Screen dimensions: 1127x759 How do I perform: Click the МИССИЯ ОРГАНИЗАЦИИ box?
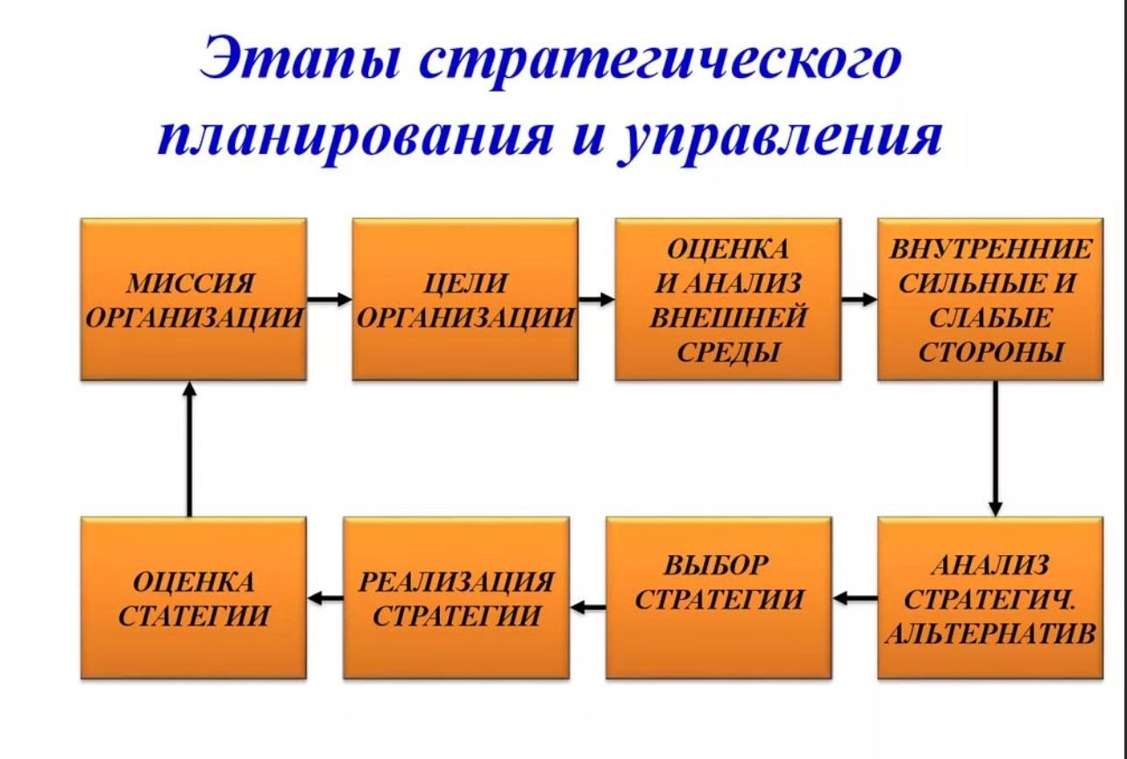(194, 299)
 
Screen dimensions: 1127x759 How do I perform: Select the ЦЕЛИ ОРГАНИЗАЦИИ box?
(464, 299)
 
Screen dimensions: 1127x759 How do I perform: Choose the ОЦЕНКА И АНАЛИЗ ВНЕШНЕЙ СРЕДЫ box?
(727, 299)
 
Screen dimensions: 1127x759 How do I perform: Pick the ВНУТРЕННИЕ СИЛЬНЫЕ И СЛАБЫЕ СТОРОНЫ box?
(990, 299)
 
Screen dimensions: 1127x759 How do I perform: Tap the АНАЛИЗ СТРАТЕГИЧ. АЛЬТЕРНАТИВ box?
(990, 598)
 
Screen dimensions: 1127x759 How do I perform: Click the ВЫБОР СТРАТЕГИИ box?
(718, 598)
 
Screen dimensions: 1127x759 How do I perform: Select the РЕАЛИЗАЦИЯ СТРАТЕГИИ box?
(456, 598)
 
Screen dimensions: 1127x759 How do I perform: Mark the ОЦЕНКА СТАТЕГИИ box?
(194, 598)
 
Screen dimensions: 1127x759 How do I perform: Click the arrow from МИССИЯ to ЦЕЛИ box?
(330, 299)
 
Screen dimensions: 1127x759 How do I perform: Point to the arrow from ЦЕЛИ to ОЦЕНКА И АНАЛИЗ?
(596, 299)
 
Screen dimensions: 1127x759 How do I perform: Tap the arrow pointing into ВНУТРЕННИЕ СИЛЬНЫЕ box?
(859, 299)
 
